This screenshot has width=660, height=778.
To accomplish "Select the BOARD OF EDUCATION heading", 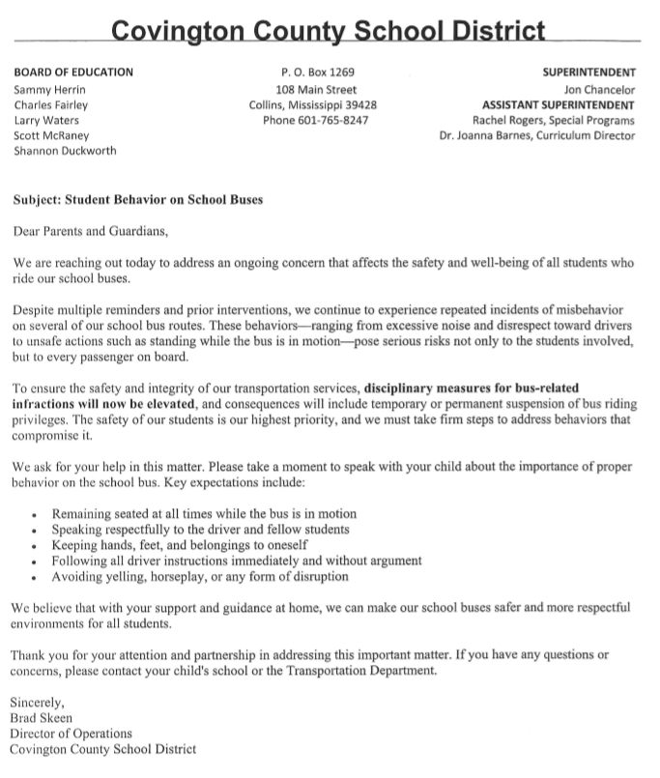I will point(73,72).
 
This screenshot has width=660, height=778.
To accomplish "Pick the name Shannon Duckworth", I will point(65,152).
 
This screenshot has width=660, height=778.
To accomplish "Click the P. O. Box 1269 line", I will point(317,72).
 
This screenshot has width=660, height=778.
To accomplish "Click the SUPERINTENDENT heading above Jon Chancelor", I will point(588,72).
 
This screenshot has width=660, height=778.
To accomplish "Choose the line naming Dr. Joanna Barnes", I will point(536,136).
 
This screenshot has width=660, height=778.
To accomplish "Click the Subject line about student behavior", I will point(138,200).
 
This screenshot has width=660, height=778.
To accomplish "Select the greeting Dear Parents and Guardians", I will point(90,231).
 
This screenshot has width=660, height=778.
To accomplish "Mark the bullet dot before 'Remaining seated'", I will point(35,514).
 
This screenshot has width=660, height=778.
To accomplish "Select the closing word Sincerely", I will point(37,702).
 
